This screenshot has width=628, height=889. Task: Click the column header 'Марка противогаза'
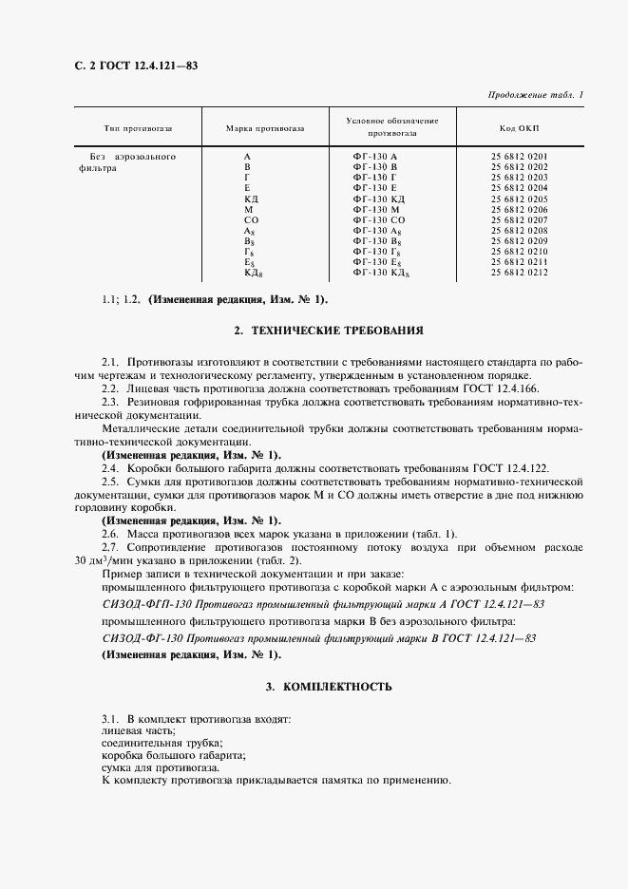pyautogui.click(x=265, y=128)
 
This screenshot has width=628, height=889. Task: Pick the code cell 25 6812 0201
pyautogui.click(x=519, y=156)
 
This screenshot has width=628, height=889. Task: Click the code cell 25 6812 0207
pyautogui.click(x=519, y=219)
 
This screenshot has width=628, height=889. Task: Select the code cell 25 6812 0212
pyautogui.click(x=519, y=273)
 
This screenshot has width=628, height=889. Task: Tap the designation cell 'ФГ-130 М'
pyautogui.click(x=375, y=209)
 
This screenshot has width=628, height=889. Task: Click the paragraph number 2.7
pyautogui.click(x=110, y=548)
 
